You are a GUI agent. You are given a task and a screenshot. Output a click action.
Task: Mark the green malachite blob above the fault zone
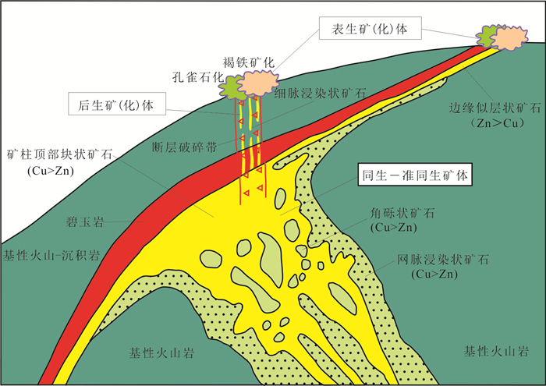(x=230, y=87)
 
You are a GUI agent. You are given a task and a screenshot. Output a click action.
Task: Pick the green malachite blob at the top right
(x=488, y=36)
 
